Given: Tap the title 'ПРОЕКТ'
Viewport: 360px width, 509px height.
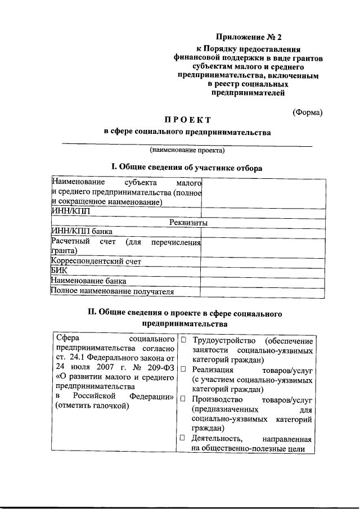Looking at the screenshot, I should pyautogui.click(x=188, y=119).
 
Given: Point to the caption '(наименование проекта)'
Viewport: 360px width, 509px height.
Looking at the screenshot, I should pyautogui.click(x=187, y=150).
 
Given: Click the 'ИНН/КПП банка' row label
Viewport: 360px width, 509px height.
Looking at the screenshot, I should pyautogui.click(x=82, y=231).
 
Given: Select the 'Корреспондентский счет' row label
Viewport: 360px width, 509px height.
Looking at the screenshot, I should pyautogui.click(x=96, y=262).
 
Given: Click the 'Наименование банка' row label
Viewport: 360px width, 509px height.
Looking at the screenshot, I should pyautogui.click(x=88, y=281).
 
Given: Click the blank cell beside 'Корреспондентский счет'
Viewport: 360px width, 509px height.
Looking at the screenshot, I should pyautogui.click(x=263, y=262).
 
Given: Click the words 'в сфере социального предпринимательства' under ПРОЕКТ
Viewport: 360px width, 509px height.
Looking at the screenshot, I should pyautogui.click(x=187, y=133).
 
